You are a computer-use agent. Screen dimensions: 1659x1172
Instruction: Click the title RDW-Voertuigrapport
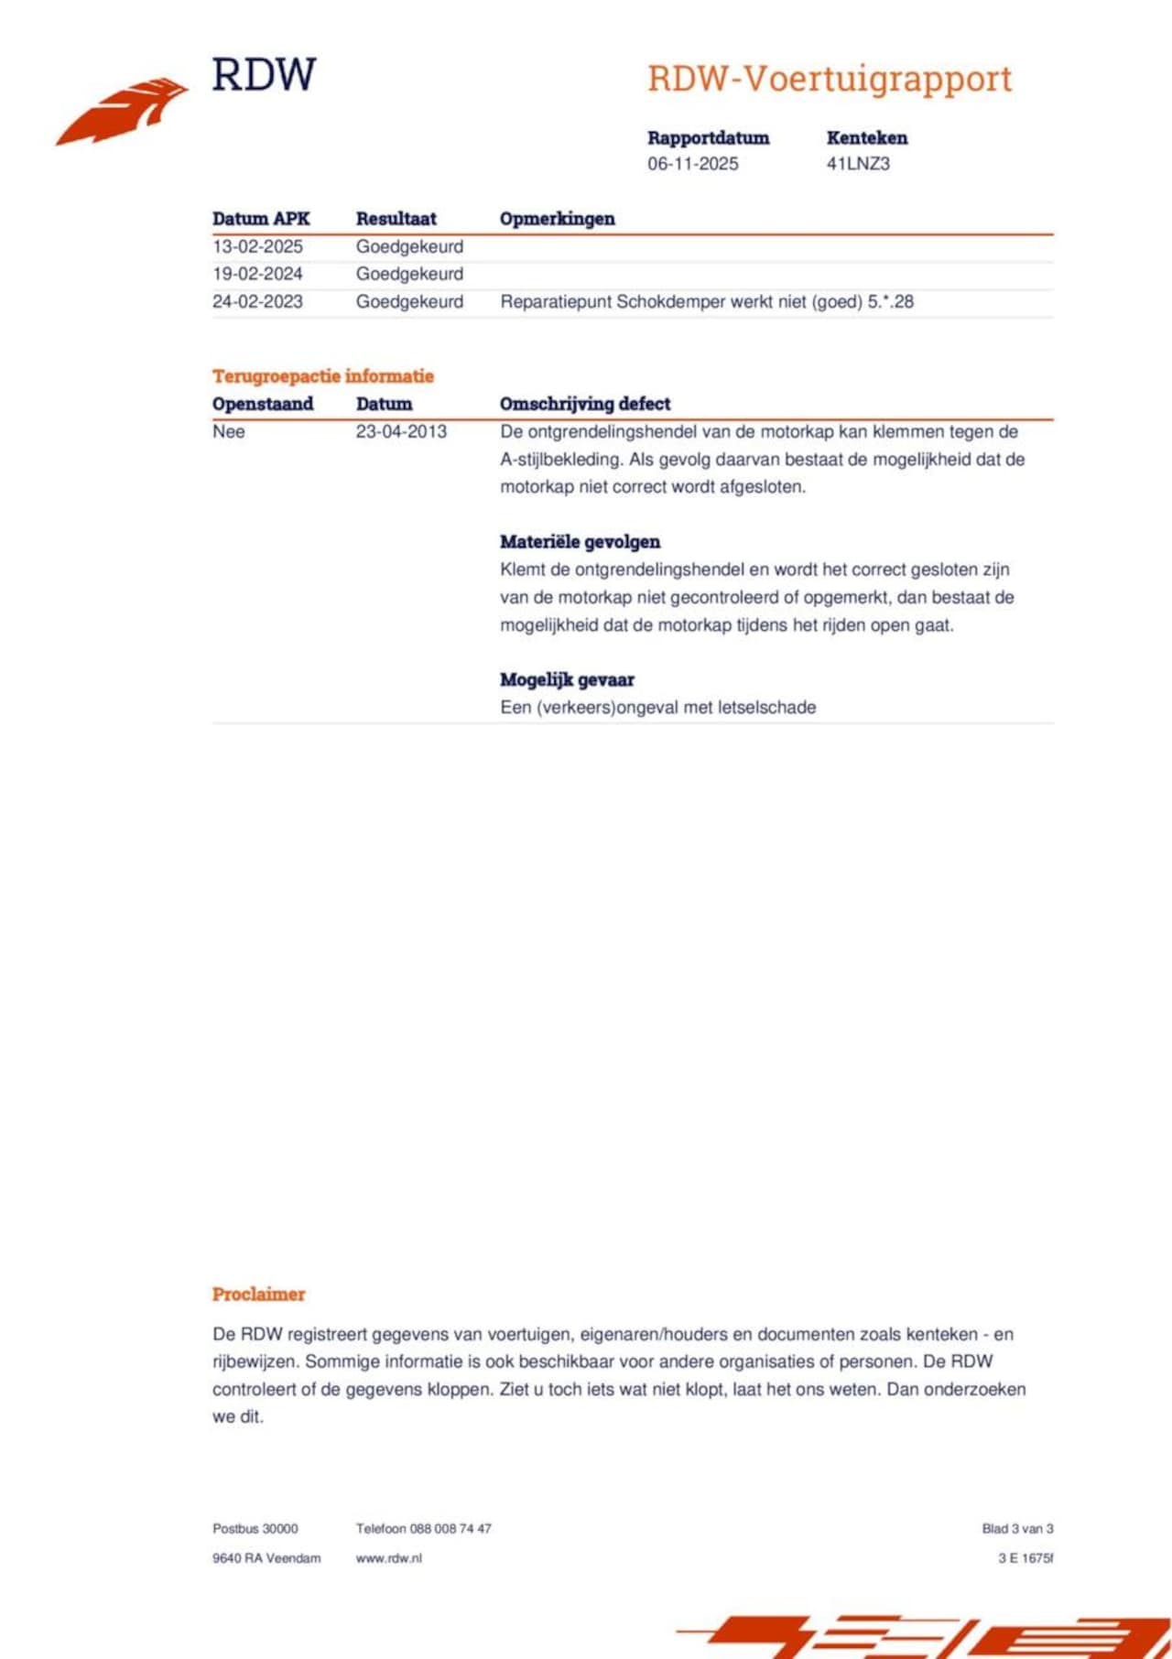pos(830,80)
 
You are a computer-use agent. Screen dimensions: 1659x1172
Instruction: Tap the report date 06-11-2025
pos(692,164)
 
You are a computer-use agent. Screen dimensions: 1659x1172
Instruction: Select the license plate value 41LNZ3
pos(858,164)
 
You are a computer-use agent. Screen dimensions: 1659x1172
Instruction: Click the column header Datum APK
pos(261,219)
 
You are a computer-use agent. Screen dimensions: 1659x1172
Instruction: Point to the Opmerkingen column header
pos(557,219)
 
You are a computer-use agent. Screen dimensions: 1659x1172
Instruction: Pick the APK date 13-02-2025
pos(257,246)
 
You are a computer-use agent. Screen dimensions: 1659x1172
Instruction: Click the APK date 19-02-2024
pos(257,274)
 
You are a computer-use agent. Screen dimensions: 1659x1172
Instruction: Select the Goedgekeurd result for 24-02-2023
pos(409,301)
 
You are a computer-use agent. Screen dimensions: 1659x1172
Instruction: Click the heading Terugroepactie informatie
pos(322,376)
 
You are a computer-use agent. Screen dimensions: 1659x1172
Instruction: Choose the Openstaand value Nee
pos(228,431)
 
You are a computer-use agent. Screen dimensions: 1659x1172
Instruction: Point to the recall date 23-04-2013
pos(401,431)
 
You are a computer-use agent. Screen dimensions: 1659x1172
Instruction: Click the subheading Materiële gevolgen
pos(580,542)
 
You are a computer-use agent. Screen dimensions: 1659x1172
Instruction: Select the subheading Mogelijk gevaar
pos(567,679)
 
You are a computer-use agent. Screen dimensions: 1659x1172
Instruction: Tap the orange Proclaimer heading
pos(258,1294)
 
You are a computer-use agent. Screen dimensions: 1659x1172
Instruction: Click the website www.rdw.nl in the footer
pos(388,1557)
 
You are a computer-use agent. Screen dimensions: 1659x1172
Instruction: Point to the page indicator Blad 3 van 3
pos(1017,1528)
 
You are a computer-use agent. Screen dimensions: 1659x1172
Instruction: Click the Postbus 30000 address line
pos(255,1528)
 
